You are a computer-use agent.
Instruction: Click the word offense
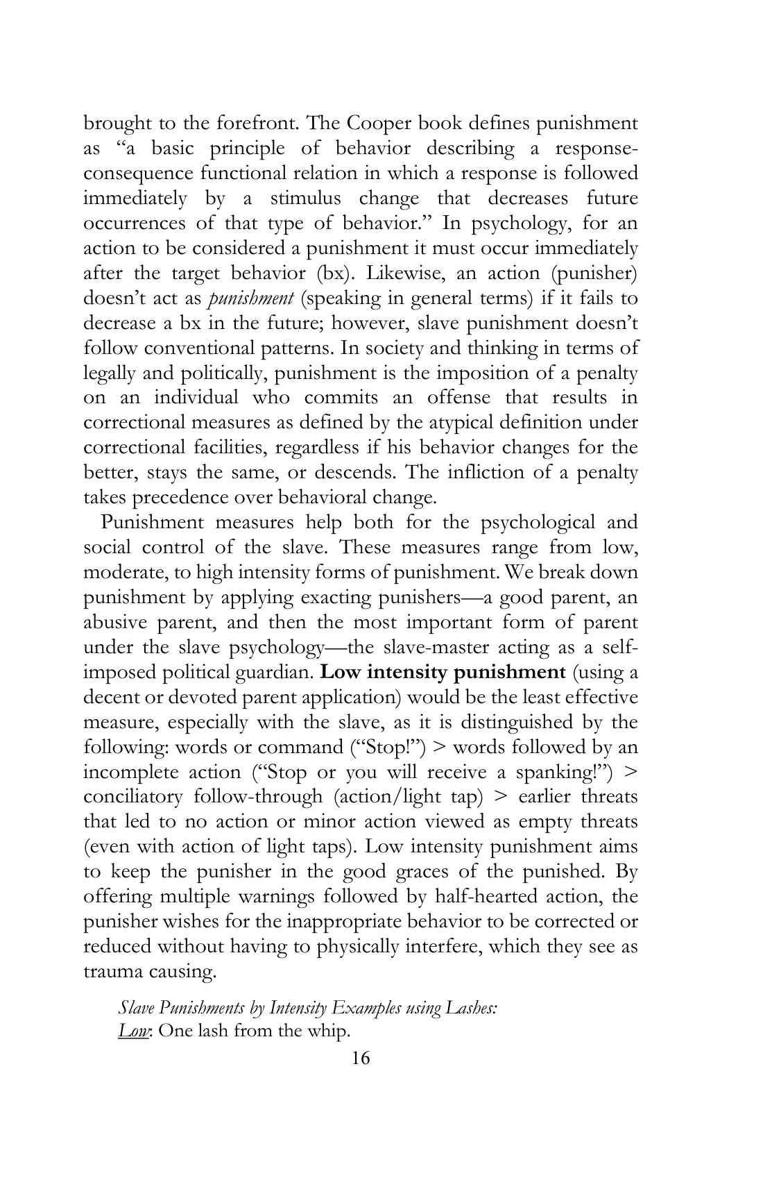tap(455, 398)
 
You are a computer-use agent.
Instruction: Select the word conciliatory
tap(133, 797)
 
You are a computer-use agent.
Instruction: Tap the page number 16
tap(361, 1059)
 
